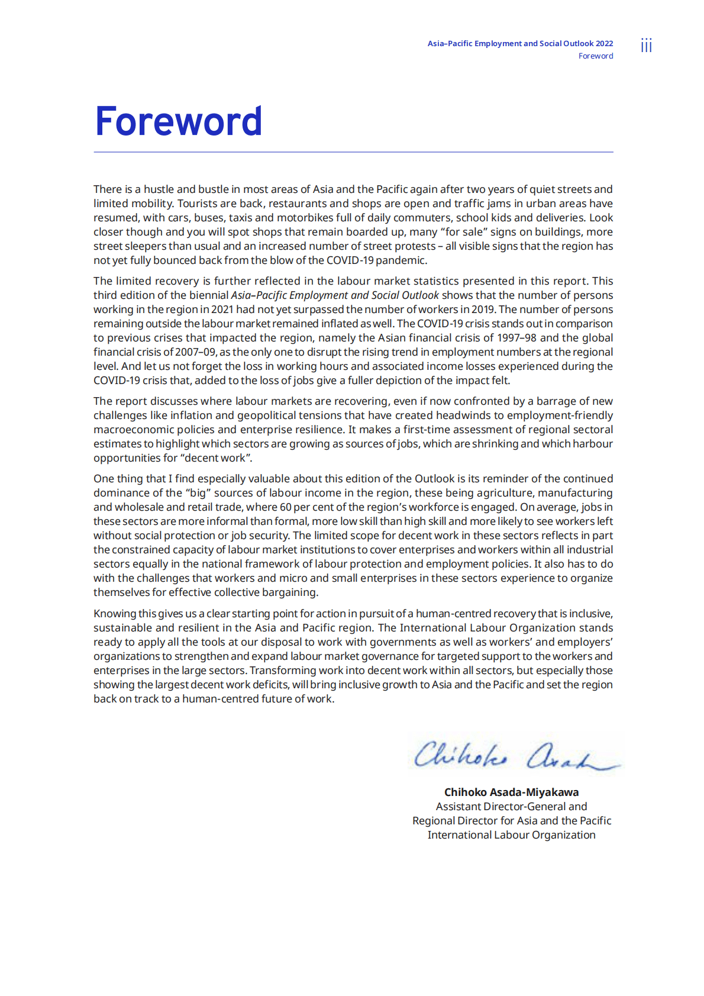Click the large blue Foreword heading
coord(178,121)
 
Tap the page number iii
coord(646,46)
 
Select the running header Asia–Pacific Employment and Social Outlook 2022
coord(520,43)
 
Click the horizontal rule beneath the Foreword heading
coord(353,152)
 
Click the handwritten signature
coord(515,755)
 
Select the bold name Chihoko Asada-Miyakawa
coord(511,792)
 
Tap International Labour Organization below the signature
coord(511,834)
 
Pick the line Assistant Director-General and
coord(511,806)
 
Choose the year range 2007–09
coord(195,352)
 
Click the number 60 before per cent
coord(285,507)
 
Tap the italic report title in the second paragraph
coord(335,295)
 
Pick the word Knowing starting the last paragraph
coord(115,614)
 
